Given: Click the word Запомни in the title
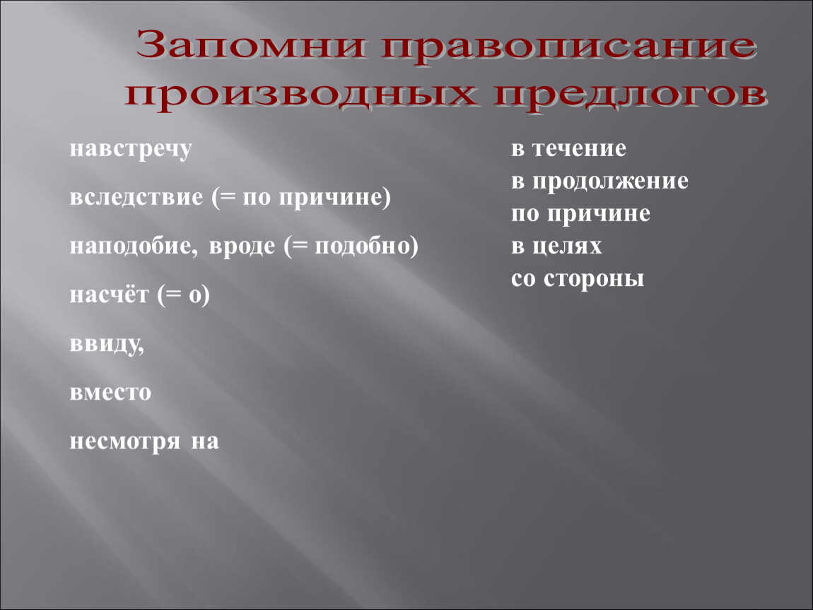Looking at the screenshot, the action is [251, 45].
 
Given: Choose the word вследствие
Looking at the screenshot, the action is [136, 197].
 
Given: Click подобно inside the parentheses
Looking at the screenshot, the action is [362, 246].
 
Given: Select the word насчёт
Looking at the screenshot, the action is [109, 295].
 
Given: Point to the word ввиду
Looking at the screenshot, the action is [107, 345].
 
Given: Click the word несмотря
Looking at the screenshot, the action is [125, 442].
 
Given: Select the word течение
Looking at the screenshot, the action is [580, 149].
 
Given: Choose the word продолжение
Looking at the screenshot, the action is [610, 181].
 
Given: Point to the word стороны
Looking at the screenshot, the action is [594, 280].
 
